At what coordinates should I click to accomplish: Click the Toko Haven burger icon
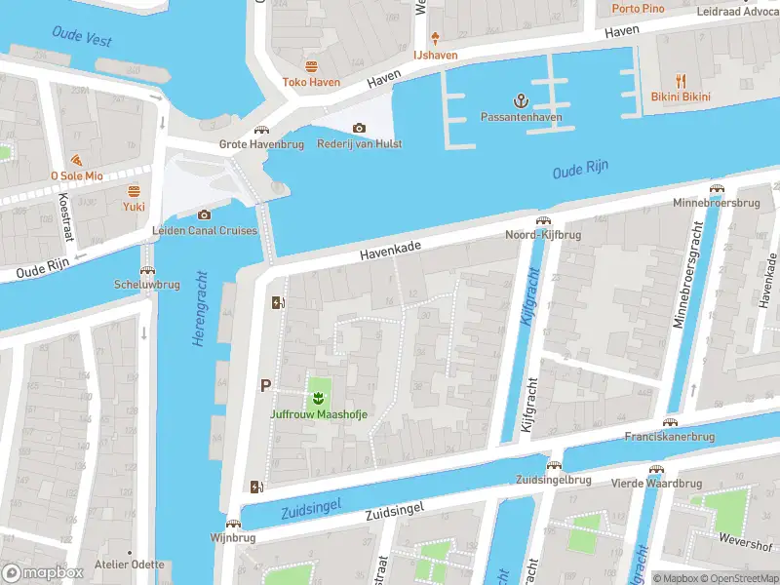(311, 66)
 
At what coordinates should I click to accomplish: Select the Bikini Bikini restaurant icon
(681, 81)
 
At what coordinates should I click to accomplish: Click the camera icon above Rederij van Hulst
(359, 128)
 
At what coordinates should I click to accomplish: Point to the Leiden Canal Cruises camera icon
(204, 214)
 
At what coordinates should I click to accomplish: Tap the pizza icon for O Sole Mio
(76, 160)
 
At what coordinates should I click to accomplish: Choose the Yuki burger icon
(134, 190)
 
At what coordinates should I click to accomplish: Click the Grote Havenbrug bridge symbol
(260, 130)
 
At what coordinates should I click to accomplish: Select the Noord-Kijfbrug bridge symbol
(542, 220)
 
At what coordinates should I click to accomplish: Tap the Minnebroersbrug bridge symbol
(717, 188)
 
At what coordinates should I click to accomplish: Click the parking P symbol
(264, 386)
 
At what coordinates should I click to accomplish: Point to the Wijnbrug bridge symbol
(231, 522)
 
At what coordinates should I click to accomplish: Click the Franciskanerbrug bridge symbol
(670, 421)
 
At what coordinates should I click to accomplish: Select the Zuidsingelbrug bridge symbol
(554, 465)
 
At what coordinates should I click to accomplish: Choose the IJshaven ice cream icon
(434, 38)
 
